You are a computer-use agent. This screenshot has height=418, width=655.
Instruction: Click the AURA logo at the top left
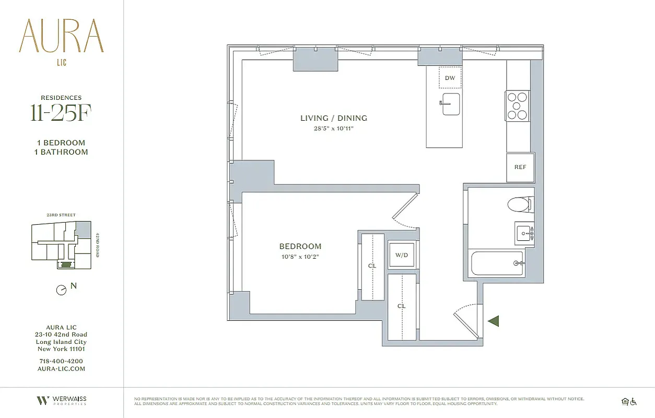pyautogui.click(x=62, y=37)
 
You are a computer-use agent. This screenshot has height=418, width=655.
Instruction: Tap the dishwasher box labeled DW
pyautogui.click(x=450, y=78)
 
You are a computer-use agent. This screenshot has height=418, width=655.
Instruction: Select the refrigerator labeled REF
pyautogui.click(x=520, y=167)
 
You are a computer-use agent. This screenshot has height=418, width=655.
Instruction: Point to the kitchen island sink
pyautogui.click(x=450, y=103)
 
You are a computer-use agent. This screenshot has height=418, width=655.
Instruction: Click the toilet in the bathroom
pyautogui.click(x=520, y=204)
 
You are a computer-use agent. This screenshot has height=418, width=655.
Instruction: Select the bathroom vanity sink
pyautogui.click(x=524, y=233)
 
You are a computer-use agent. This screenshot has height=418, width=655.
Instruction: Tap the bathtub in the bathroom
pyautogui.click(x=497, y=263)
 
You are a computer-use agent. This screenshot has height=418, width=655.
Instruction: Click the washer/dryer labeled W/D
pyautogui.click(x=401, y=255)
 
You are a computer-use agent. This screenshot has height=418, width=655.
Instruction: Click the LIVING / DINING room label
pyautogui.click(x=333, y=118)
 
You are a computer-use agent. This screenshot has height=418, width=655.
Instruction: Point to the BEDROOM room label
pyautogui.click(x=300, y=246)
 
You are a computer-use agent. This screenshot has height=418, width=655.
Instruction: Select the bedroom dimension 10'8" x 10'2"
pyautogui.click(x=300, y=257)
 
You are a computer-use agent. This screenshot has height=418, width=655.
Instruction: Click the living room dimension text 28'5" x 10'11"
pyautogui.click(x=333, y=128)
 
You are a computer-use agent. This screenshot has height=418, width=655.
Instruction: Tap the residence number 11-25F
pyautogui.click(x=61, y=114)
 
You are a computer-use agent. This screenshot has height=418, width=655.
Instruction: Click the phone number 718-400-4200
pyautogui.click(x=61, y=361)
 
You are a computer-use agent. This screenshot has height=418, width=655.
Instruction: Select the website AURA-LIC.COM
pyautogui.click(x=61, y=368)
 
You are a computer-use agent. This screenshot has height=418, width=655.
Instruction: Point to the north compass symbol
pyautogui.click(x=62, y=290)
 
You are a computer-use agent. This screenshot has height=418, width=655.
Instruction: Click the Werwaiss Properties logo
pyautogui.click(x=62, y=401)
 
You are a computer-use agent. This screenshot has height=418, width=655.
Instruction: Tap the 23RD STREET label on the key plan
pyautogui.click(x=61, y=215)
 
